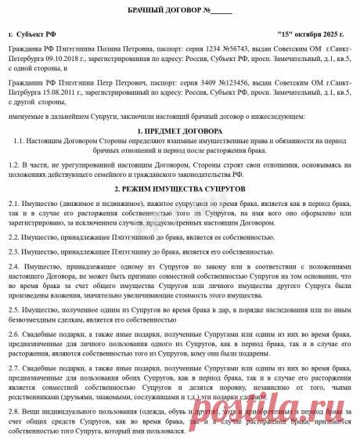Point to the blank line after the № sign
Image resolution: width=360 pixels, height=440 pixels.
coord(221,10)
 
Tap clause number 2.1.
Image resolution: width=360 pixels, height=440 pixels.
coord(15,202)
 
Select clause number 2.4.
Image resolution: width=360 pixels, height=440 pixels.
coord(15,266)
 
